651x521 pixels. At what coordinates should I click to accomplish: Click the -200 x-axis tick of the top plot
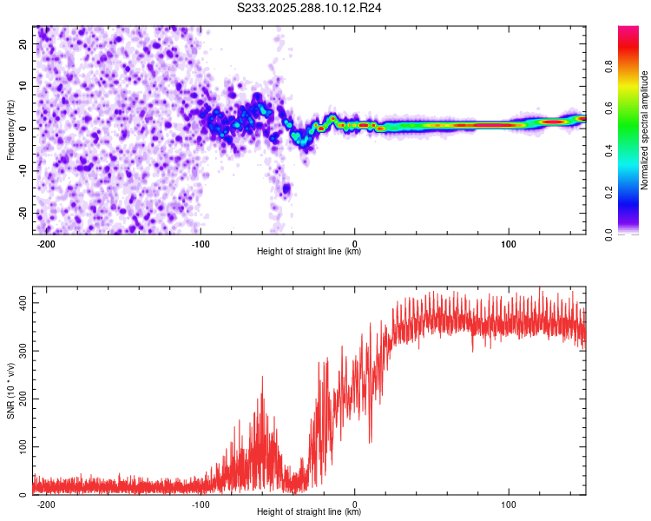47,244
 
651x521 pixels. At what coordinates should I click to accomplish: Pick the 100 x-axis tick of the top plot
509,244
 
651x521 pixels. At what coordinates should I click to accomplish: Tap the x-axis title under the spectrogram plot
309,252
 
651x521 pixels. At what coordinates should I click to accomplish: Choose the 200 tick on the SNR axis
22,399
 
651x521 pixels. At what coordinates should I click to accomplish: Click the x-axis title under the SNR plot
309,512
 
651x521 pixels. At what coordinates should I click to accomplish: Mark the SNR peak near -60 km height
262,378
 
